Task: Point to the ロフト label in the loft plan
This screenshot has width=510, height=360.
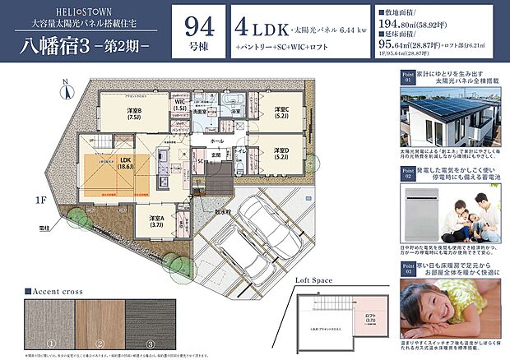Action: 368,316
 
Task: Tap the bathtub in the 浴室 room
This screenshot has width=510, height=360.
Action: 232,108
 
